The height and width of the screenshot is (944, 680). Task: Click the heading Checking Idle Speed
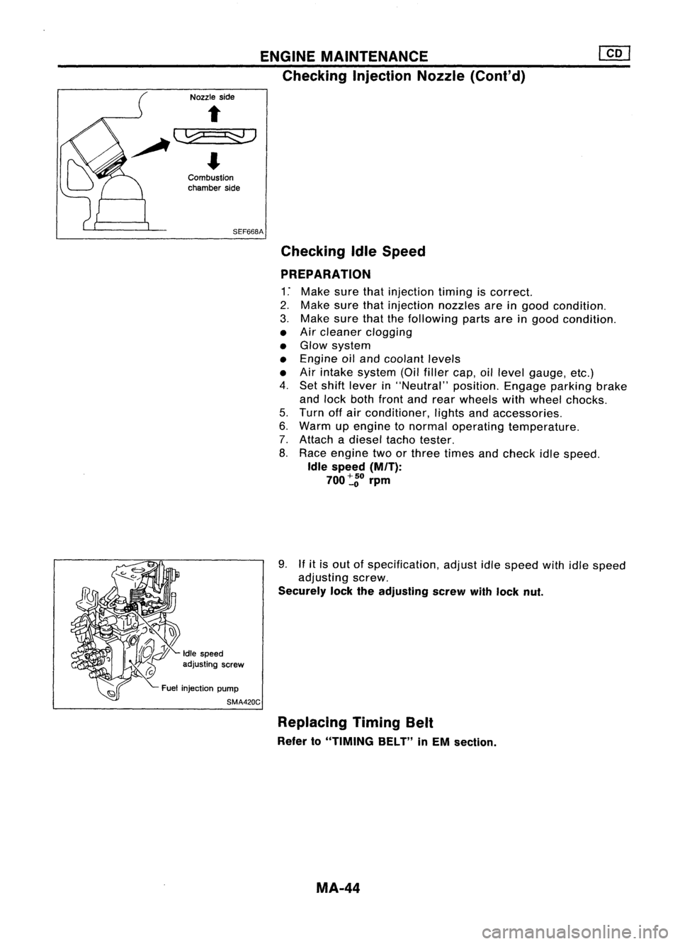pyautogui.click(x=353, y=251)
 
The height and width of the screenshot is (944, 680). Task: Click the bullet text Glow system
pyautogui.click(x=335, y=345)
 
